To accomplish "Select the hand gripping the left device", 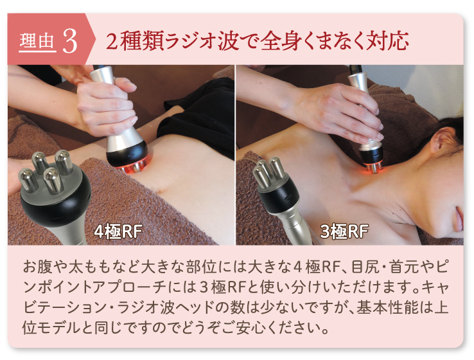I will (x=103, y=103).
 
